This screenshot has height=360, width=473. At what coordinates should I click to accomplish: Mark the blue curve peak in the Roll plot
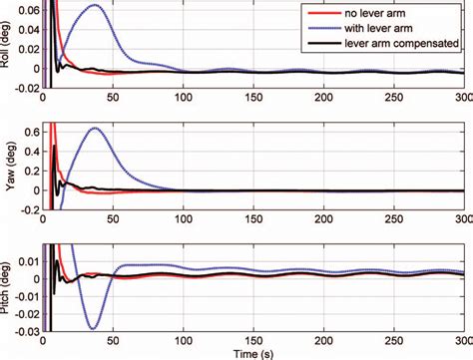tap(94, 6)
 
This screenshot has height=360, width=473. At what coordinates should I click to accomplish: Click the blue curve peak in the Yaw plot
tap(95, 128)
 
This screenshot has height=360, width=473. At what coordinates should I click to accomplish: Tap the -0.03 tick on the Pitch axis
tap(27, 329)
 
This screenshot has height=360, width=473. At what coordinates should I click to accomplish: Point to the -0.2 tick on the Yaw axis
tap(29, 211)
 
